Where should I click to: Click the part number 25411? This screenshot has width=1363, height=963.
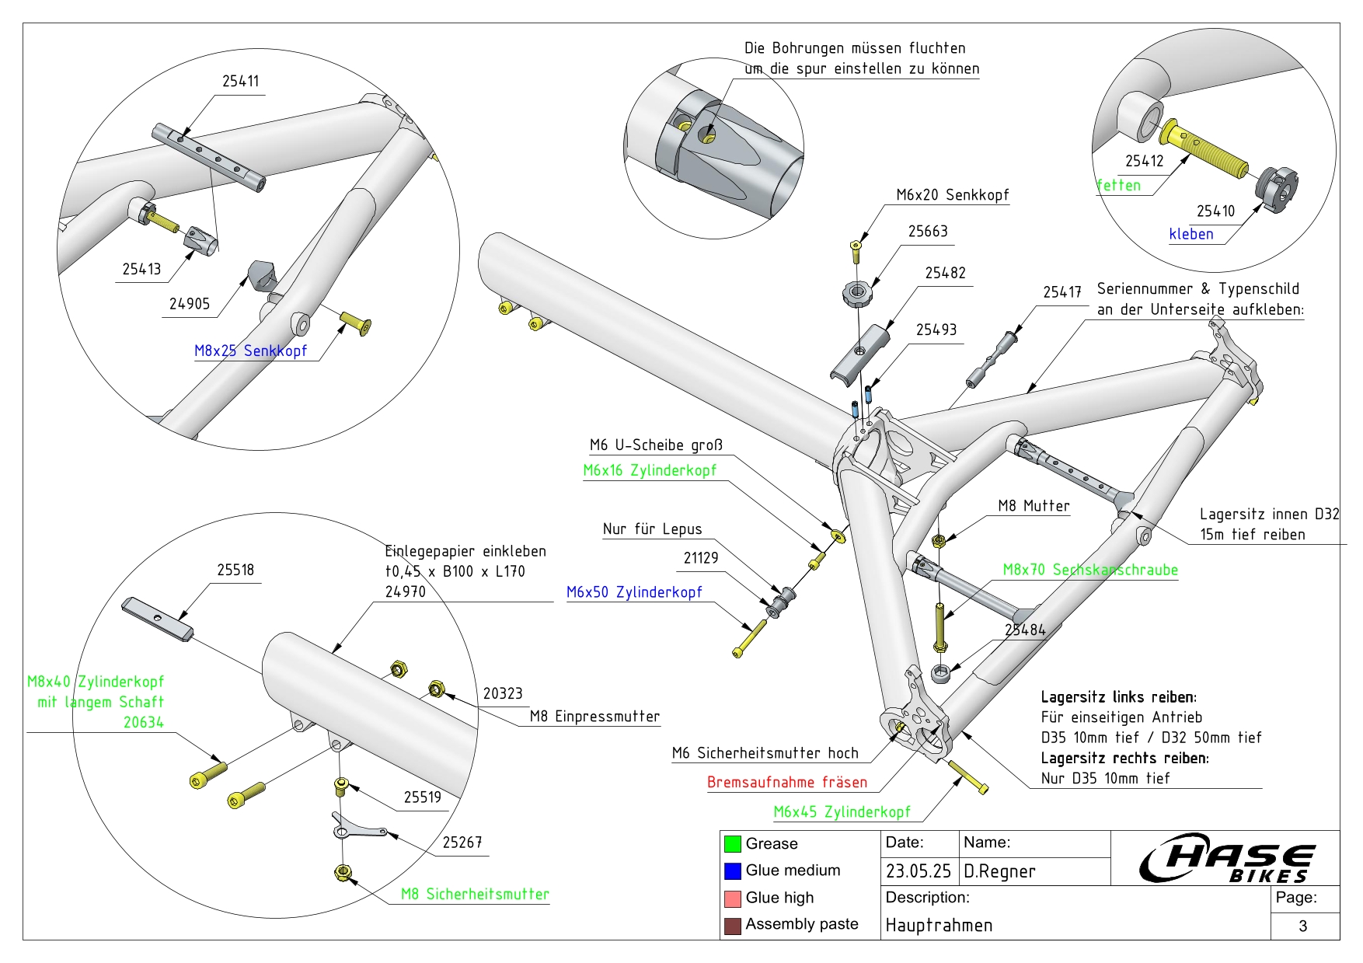(x=240, y=82)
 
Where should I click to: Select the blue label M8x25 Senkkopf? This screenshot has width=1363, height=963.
(x=250, y=351)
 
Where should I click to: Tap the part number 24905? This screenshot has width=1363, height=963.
(x=190, y=304)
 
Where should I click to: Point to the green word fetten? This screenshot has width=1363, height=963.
(x=1119, y=186)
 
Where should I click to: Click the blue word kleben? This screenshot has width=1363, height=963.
(x=1190, y=234)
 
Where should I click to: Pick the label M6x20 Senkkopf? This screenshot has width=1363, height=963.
(x=952, y=195)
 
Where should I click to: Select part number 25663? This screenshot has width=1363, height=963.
(x=928, y=232)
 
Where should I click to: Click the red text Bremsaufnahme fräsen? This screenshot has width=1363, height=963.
(x=786, y=783)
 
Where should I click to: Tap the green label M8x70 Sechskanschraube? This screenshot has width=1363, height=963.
(x=1089, y=570)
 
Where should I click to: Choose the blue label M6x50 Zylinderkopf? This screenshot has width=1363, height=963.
(x=634, y=592)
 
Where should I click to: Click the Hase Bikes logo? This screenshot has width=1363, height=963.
(x=1227, y=858)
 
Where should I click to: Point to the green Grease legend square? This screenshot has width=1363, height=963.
(x=732, y=844)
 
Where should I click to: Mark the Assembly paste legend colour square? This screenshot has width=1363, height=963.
(x=732, y=926)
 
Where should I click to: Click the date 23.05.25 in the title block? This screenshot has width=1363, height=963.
(x=918, y=871)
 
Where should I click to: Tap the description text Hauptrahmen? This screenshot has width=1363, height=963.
(x=939, y=925)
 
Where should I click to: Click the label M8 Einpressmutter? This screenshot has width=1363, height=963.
(x=594, y=717)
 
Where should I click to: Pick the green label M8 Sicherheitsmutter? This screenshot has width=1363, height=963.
(x=475, y=895)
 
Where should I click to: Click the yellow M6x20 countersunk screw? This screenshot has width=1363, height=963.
(x=856, y=250)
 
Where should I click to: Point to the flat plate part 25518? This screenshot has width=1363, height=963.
(x=157, y=619)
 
